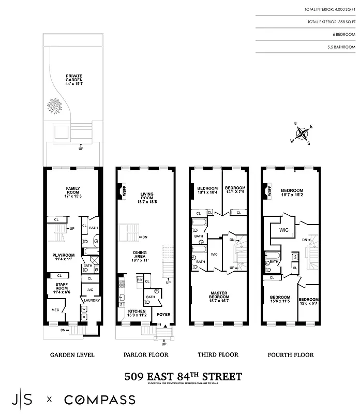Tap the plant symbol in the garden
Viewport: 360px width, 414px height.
(54, 106)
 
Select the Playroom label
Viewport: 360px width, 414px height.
(64, 257)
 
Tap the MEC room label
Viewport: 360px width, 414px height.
(55, 310)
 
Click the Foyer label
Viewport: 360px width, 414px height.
(163, 314)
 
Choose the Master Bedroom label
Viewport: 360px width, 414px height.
(218, 296)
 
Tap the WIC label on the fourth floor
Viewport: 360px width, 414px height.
(283, 229)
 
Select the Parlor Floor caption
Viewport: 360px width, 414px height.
(145, 355)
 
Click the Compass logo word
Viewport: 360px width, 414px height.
(100, 400)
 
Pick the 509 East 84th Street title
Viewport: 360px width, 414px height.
(184, 376)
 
